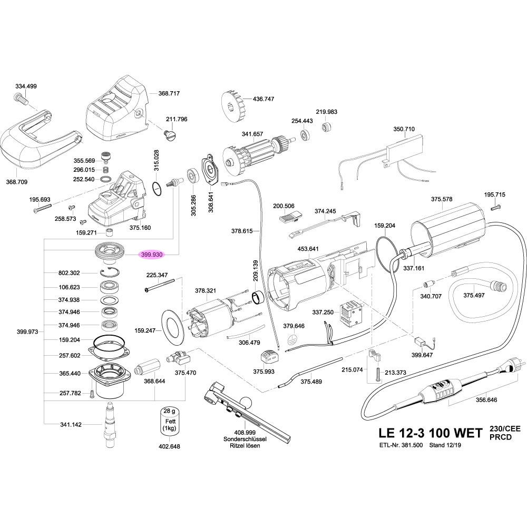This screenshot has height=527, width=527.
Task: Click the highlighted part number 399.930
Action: click(152, 255)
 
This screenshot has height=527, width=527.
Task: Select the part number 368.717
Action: click(169, 93)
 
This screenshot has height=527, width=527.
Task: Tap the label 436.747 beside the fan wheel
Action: click(263, 99)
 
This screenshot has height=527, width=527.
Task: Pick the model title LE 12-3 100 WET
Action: click(430, 433)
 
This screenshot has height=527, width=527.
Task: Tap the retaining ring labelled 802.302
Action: click(109, 272)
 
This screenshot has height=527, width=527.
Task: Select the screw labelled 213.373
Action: click(377, 373)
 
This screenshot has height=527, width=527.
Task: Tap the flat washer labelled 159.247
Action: click(171, 327)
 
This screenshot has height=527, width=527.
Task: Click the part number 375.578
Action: click(442, 199)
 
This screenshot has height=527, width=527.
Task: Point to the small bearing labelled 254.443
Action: click(305, 135)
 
